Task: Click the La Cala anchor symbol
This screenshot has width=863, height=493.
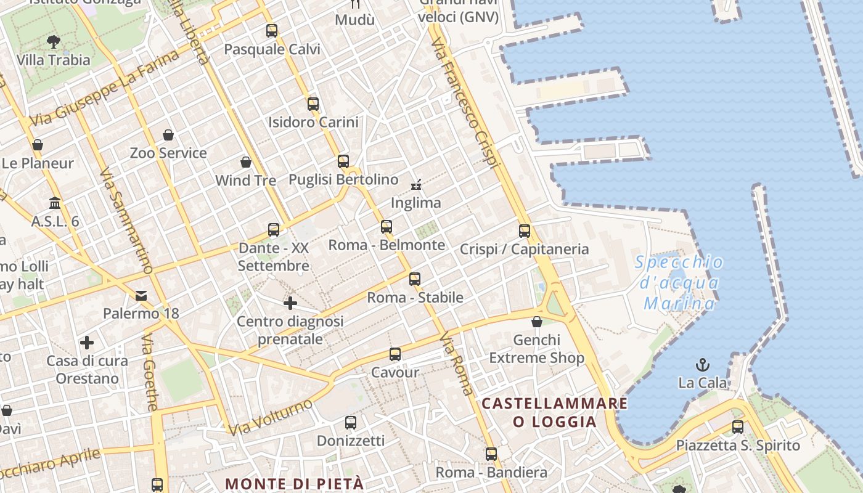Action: [x=702, y=365]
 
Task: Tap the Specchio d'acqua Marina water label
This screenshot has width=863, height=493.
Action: [x=679, y=283]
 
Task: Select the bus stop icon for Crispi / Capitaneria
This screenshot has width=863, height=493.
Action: [x=525, y=231]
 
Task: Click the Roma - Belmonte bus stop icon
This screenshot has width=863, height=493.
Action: [x=387, y=227]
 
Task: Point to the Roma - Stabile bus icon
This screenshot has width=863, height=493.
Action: [x=415, y=279]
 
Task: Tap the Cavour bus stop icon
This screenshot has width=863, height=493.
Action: [x=395, y=354]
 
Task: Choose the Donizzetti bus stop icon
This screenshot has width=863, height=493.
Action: [x=351, y=423]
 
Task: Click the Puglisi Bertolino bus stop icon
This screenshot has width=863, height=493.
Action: [x=343, y=161]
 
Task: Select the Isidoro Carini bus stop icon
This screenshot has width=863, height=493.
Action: [x=313, y=104]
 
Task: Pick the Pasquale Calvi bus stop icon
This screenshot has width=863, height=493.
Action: [x=272, y=30]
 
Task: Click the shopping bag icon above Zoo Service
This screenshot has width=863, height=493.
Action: [x=168, y=135]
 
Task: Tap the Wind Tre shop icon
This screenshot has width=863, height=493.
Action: [x=246, y=162]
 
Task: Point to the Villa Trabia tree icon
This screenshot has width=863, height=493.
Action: [x=54, y=42]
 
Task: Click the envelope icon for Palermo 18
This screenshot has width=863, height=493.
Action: [x=141, y=296]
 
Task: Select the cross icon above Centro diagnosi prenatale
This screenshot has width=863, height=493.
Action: [x=290, y=303]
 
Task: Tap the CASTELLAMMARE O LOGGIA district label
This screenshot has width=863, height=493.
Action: [x=555, y=412]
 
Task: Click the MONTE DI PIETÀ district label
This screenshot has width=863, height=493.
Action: [x=294, y=484]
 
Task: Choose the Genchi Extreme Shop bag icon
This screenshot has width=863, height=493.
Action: [x=537, y=322]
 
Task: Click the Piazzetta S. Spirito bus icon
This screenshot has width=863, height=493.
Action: [x=738, y=426]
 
